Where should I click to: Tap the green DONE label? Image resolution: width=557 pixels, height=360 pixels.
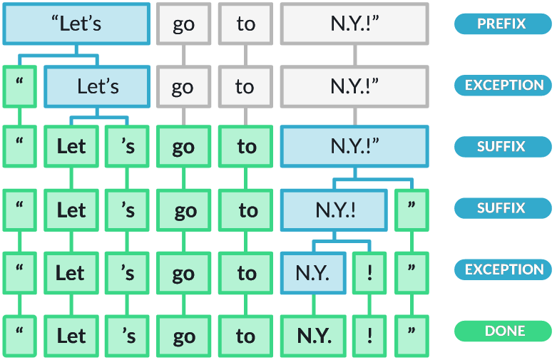(504, 331)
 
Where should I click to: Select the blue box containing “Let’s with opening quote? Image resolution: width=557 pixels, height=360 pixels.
(77, 24)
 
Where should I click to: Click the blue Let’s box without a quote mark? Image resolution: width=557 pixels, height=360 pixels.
(97, 86)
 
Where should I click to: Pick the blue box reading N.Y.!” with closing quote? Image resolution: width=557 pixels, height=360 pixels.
(354, 147)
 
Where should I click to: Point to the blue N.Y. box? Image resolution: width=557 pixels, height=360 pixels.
(313, 272)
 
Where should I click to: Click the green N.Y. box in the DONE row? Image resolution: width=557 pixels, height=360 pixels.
(313, 335)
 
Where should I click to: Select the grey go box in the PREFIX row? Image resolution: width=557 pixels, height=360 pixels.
(183, 24)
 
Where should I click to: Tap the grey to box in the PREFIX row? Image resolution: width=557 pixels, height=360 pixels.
(245, 24)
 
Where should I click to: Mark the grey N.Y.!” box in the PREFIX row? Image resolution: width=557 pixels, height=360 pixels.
(354, 24)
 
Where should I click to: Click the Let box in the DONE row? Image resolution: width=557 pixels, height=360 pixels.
(71, 335)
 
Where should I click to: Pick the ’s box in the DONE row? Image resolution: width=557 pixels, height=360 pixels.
(128, 335)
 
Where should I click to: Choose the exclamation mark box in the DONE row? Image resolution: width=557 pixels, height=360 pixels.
(370, 335)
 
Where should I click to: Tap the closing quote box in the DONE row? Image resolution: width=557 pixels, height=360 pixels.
(412, 335)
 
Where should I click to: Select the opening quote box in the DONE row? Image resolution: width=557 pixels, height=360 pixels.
(19, 335)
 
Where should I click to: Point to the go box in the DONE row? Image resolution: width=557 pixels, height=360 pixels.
(183, 335)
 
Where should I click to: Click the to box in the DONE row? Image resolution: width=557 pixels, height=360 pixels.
(245, 335)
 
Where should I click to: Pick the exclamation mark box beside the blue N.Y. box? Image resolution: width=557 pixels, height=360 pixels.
(370, 272)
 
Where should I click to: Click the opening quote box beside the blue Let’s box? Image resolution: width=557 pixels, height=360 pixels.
(19, 86)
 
